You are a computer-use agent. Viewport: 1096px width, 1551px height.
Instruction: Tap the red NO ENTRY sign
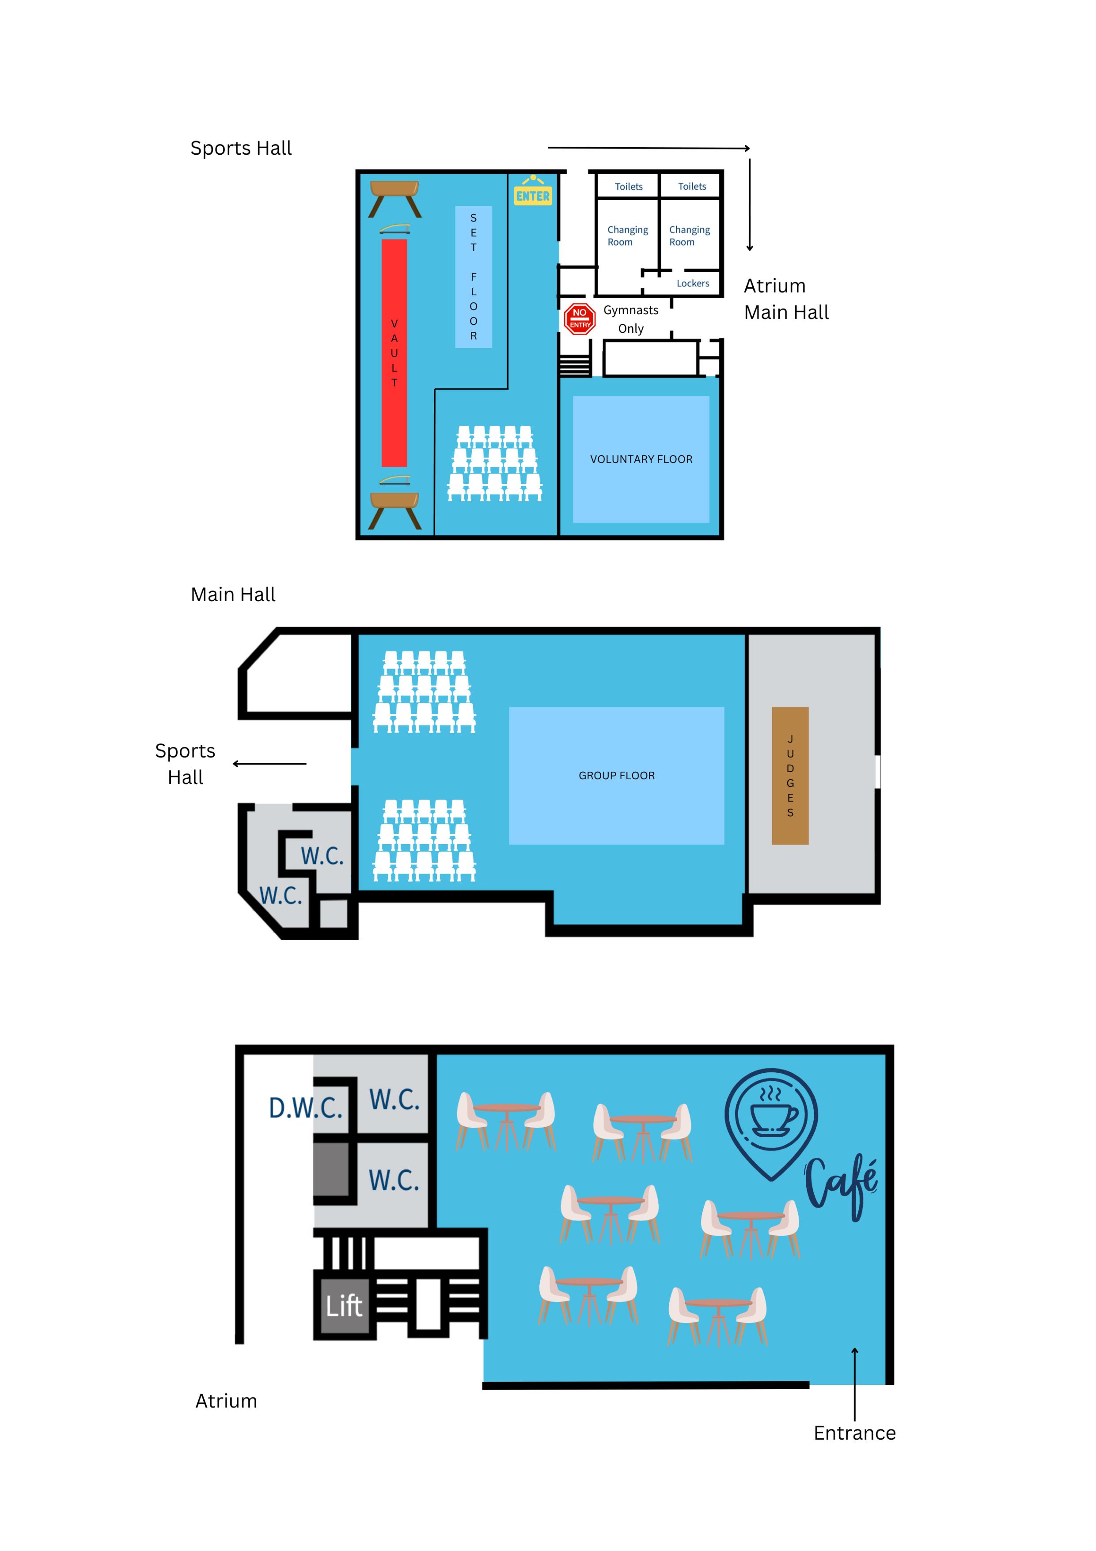coord(580,319)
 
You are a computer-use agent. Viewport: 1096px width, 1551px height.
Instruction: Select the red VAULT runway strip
coord(394,353)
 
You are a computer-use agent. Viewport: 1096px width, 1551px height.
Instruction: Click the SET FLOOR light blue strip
coord(474,277)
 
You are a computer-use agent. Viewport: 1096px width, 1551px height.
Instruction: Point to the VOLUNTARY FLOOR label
coord(641,459)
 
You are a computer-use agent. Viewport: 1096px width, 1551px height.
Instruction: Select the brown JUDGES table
coord(790,775)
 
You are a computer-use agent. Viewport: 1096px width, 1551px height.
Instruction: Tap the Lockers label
coord(693,284)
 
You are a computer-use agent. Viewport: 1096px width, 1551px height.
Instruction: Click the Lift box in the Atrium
coord(345,1306)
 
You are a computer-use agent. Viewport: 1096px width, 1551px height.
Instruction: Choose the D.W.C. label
coord(306,1108)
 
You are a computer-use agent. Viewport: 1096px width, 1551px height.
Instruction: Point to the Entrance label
coord(854,1433)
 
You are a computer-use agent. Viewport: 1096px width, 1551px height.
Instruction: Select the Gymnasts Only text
coord(631,319)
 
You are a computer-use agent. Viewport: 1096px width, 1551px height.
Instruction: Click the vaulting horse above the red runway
coord(395,197)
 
